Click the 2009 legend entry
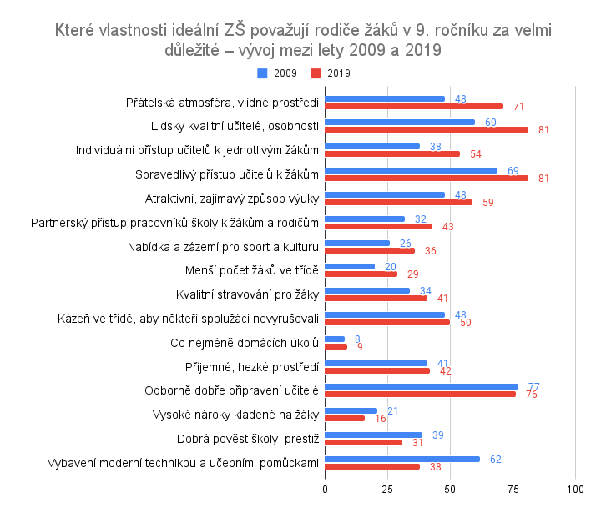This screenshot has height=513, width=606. (279, 73)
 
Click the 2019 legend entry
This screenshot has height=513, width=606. (331, 73)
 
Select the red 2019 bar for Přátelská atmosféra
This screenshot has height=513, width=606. (413, 106)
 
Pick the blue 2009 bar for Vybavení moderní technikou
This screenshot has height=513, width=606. (401, 459)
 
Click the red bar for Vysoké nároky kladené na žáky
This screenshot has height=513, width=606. (344, 418)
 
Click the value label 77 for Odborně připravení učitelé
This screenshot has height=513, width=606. (534, 386)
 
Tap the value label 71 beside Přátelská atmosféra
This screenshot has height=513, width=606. (518, 107)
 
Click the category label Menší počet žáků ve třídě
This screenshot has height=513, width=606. (251, 270)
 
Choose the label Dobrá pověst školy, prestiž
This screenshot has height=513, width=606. (248, 439)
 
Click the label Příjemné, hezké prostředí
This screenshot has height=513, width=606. (251, 366)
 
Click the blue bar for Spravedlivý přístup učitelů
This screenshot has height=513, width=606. (410, 170)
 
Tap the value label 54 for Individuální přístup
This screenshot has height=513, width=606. (476, 154)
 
